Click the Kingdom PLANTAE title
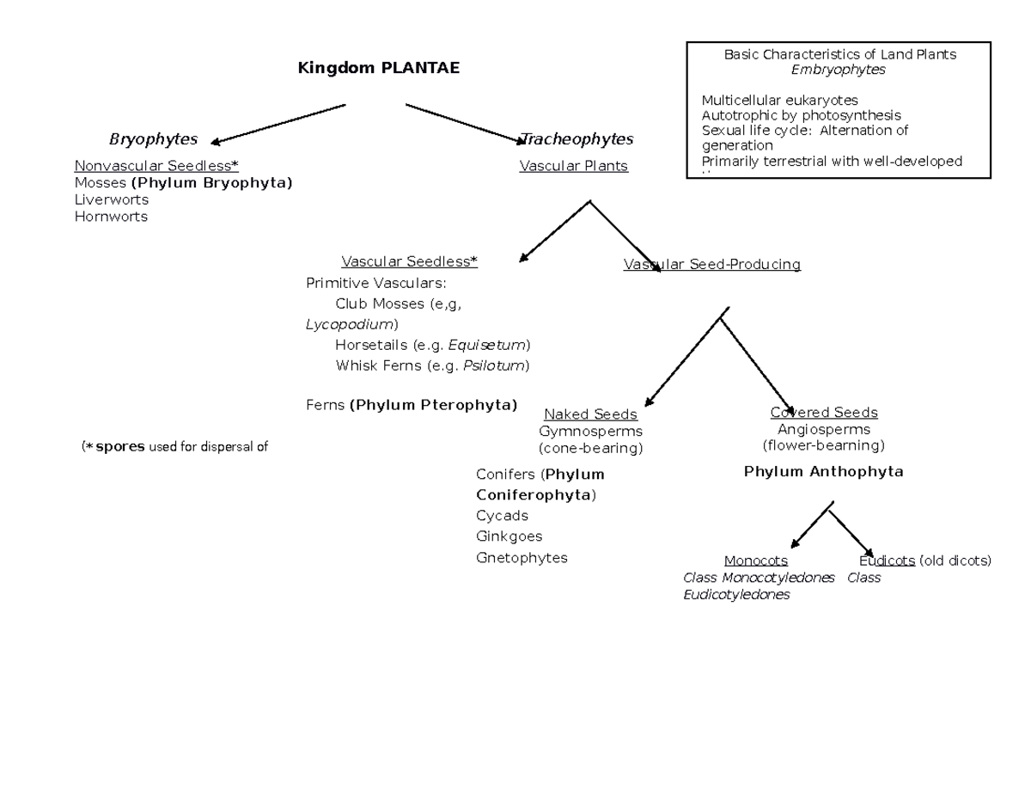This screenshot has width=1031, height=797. point(378,68)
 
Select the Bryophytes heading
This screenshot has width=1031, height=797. point(153,139)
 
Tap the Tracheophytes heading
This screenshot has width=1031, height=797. point(577,139)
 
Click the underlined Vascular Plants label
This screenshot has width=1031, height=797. point(573,166)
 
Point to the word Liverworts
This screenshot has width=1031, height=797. point(112,199)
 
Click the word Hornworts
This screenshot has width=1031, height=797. point(111,217)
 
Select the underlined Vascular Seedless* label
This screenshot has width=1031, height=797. point(409,261)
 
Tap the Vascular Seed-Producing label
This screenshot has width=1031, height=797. point(711,265)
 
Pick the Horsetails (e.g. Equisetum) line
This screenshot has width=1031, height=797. point(432,345)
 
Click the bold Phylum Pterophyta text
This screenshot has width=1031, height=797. point(434,405)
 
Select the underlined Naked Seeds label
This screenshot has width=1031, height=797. point(590,414)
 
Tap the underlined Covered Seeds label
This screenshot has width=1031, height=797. point(823,413)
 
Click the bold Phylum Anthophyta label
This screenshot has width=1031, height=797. point(823,472)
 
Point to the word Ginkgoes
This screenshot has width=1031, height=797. point(509,536)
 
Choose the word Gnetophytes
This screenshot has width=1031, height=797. point(522,558)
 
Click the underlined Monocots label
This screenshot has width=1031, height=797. point(755,561)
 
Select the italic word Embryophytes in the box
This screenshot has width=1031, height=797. point(839,71)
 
